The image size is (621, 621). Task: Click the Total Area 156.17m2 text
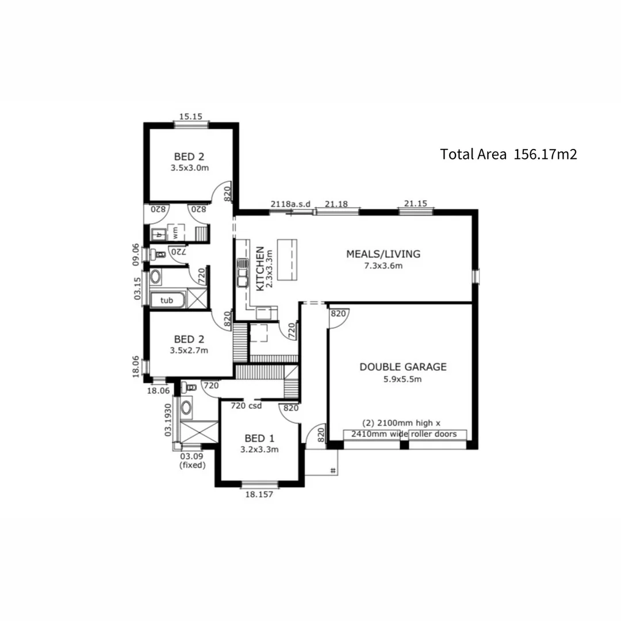coord(508,154)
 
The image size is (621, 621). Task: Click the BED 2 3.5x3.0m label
coord(189,162)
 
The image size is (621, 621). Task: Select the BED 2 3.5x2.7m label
coord(189,344)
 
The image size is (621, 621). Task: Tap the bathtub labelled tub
coord(167,300)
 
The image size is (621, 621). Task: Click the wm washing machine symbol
coord(175,233)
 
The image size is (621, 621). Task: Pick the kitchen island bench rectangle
coord(288,259)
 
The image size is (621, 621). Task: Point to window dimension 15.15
coord(190,116)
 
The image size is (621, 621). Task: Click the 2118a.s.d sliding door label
coord(291,204)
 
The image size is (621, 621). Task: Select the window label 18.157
coord(259,493)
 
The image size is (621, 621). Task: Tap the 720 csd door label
coord(246,406)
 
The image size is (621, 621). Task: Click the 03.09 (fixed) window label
coord(192,461)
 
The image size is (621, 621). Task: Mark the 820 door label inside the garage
coord(338,313)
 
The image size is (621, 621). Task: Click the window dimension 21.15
coord(416,204)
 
